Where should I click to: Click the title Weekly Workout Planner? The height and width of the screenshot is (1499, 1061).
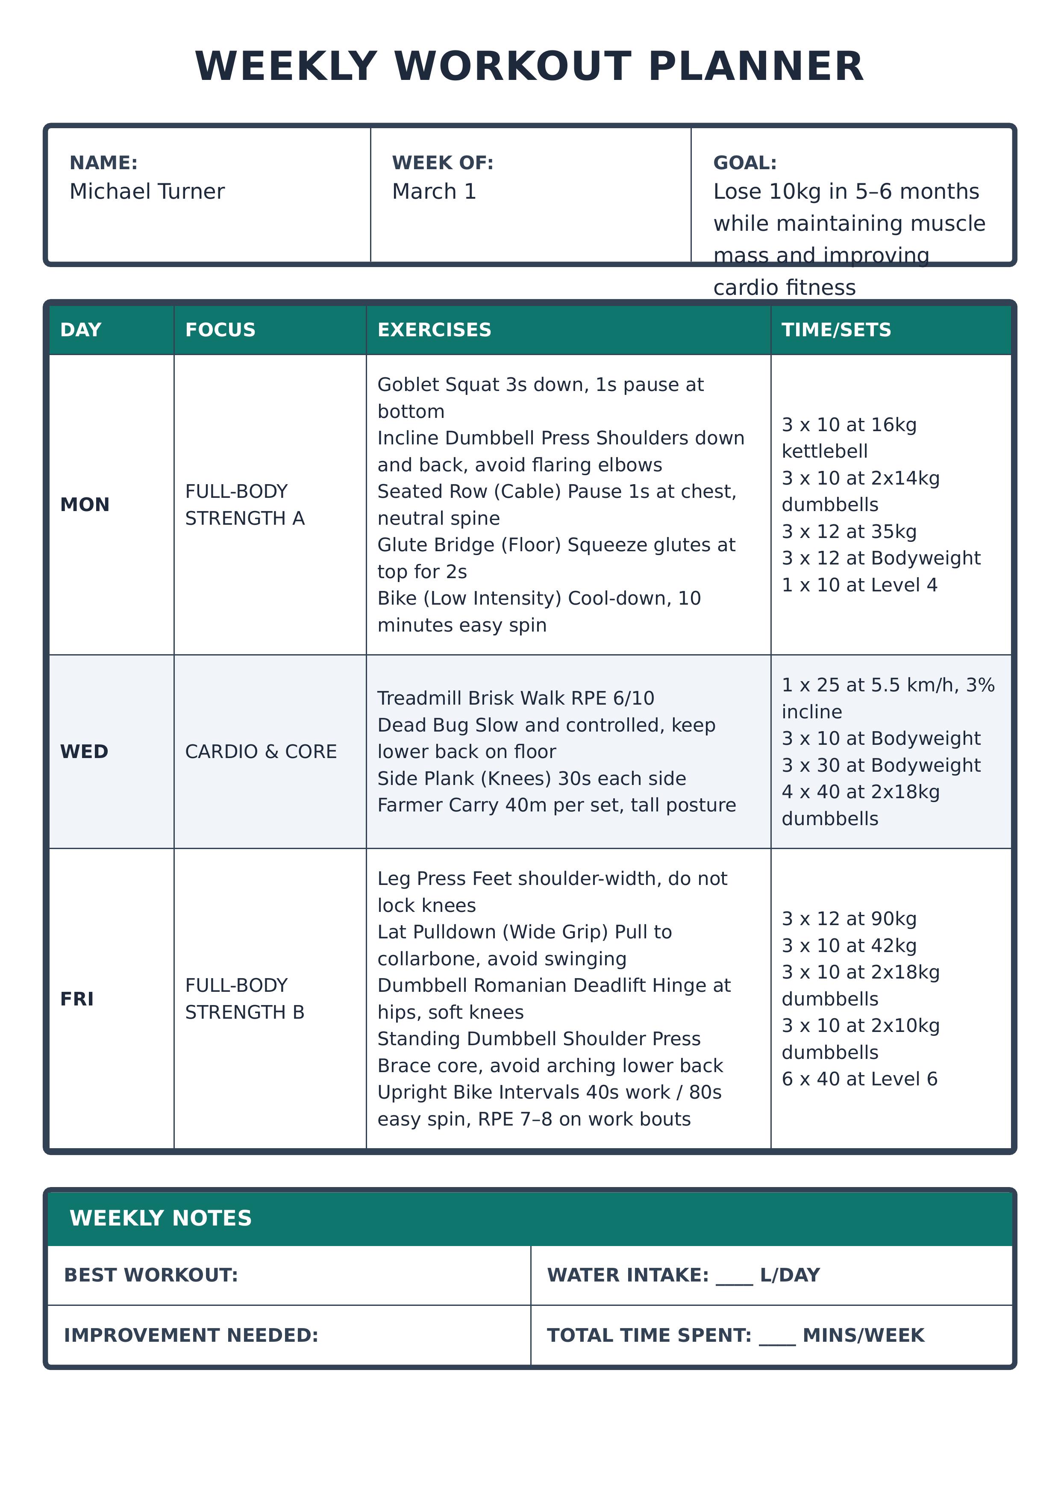pyautogui.click(x=529, y=67)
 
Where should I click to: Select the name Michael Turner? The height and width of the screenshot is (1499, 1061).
pyautogui.click(x=147, y=191)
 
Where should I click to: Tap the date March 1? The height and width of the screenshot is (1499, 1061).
pyautogui.click(x=434, y=191)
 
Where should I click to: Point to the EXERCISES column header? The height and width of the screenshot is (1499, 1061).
pyautogui.click(x=434, y=330)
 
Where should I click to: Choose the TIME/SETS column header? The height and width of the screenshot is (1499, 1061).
pyautogui.click(x=836, y=330)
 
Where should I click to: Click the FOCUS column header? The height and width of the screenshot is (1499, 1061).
pyautogui.click(x=220, y=330)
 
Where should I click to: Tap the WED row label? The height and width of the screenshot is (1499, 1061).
pyautogui.click(x=84, y=752)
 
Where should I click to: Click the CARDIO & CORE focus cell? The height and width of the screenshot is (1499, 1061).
pyautogui.click(x=261, y=752)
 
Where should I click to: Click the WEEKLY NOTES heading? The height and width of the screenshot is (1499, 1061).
pyautogui.click(x=161, y=1218)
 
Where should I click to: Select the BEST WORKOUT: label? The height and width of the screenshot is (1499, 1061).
pyautogui.click(x=151, y=1275)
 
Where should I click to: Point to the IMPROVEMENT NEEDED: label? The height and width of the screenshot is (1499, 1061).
pyautogui.click(x=191, y=1335)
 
